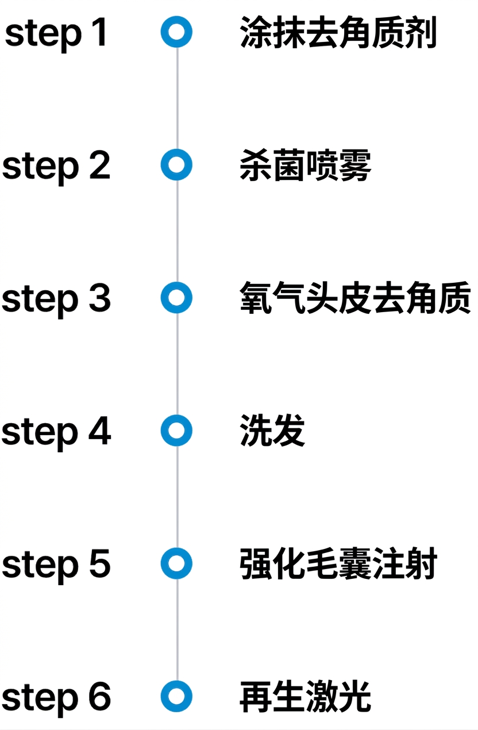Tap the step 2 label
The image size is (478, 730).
(56, 167)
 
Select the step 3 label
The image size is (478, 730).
(56, 300)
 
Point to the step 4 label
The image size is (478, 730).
(56, 433)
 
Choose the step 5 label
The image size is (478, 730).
(56, 566)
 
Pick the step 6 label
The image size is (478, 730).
(56, 699)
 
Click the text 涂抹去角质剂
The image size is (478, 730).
(338, 32)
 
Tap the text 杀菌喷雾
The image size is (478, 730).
(305, 165)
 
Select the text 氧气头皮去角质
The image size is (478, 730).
(355, 298)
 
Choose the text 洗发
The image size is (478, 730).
(272, 431)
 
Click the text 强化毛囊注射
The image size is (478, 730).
(338, 564)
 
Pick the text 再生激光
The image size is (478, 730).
(305, 697)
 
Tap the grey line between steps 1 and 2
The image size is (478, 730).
(177, 98)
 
